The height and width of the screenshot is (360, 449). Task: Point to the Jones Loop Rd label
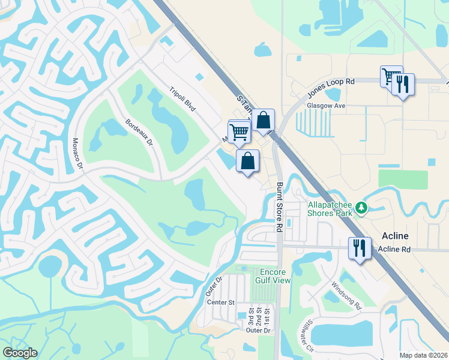pyautogui.click(x=331, y=88)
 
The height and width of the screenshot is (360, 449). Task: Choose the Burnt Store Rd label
pyautogui.click(x=279, y=208)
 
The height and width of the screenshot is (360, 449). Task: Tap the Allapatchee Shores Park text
pyautogui.click(x=329, y=208)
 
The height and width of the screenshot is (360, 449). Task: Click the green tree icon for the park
pyautogui.click(x=361, y=208)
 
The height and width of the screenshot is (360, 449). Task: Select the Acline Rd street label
pyautogui.click(x=394, y=249)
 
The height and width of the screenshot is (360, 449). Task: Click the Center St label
pyautogui.click(x=220, y=302)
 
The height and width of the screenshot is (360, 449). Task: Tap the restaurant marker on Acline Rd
pyautogui.click(x=360, y=248)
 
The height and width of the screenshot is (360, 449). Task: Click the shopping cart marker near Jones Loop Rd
pyautogui.click(x=391, y=77)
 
